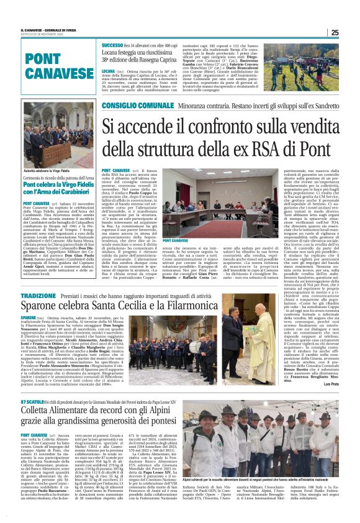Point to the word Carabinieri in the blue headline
(x=73, y=193)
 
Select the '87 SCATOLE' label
(x=31, y=402)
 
